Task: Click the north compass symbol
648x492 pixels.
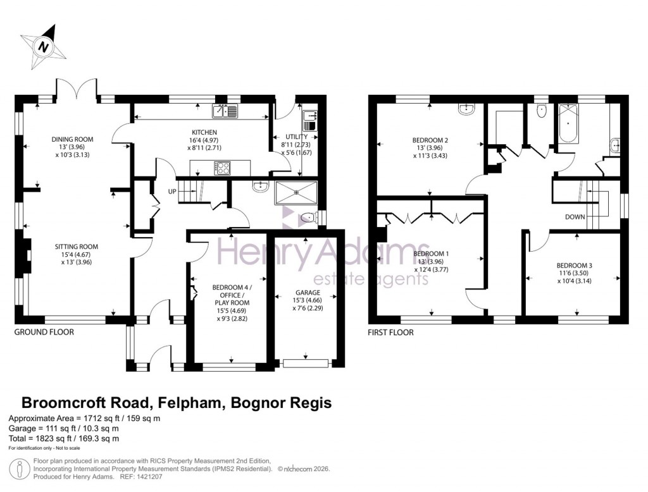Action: point(43,46)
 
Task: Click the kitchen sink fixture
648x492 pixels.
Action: point(225,112)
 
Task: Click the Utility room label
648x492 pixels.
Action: point(296,137)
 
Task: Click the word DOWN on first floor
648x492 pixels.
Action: point(575,217)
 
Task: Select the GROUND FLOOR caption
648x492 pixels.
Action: point(44,332)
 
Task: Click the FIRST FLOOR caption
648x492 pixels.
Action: point(390,332)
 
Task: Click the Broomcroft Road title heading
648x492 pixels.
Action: point(177,402)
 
